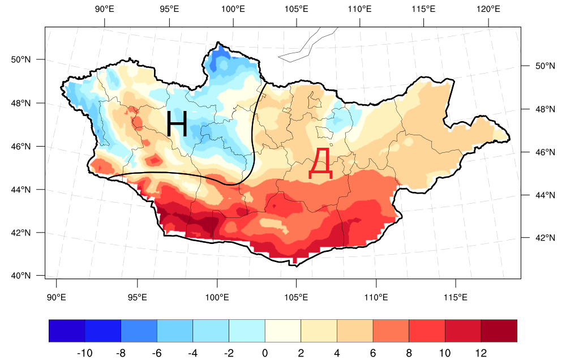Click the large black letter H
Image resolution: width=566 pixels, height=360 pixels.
pos(177,124)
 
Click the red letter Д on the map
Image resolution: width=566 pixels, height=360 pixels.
pos(320,164)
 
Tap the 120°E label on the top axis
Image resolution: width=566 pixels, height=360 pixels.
pos(488,9)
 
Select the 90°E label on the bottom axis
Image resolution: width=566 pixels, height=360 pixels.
pos(55,297)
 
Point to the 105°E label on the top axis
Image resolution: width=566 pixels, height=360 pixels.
pos(297,9)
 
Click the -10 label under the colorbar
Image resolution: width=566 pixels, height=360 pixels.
pos(84,353)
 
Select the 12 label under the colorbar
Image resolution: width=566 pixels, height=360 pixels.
pos(481,353)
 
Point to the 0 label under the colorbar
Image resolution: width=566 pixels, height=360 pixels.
pos(265,353)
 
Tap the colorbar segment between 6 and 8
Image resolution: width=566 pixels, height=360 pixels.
pos(391,331)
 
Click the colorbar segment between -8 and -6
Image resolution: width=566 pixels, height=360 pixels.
pos(139,331)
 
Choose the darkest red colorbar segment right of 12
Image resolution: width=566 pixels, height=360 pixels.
pos(499,331)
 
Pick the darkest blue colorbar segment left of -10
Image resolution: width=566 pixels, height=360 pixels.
pos(67,331)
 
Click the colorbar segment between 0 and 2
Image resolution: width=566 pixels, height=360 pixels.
pos(283,331)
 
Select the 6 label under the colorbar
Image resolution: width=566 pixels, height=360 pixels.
pos(373,353)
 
